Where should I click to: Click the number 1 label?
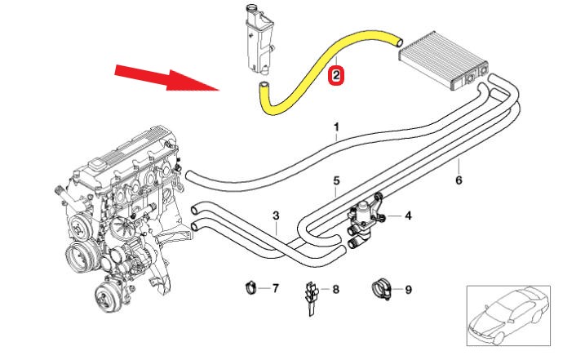point(335,127)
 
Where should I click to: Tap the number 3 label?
point(277,216)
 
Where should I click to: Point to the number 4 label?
point(408,216)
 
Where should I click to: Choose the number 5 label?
point(335,180)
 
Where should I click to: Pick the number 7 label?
point(276,288)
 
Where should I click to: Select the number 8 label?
point(336,288)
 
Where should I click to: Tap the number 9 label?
point(408,288)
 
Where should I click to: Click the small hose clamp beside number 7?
point(251,287)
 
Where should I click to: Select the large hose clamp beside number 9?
point(379,288)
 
